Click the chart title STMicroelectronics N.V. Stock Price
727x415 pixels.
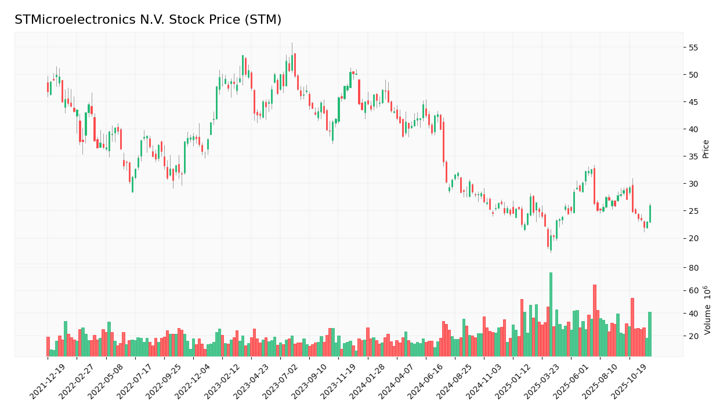point(148,20)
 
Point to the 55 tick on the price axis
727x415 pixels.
point(693,48)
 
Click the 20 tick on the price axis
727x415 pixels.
point(693,238)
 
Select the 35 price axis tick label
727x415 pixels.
point(693,156)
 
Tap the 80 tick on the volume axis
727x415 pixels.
point(693,268)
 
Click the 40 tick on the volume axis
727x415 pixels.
point(693,314)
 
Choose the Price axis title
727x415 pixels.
point(706,149)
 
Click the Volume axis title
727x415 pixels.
point(707,310)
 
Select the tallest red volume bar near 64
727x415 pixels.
point(594,321)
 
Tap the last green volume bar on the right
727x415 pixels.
point(650,334)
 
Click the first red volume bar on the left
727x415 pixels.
point(48,347)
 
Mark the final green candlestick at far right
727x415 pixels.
point(650,214)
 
